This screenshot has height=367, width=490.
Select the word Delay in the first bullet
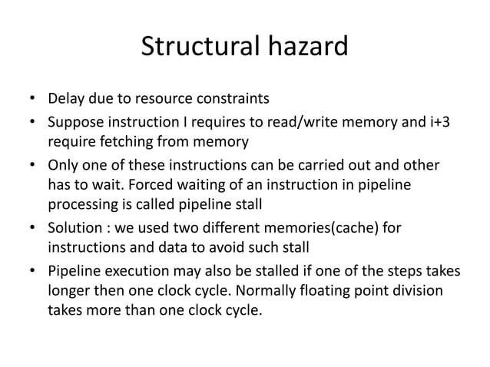pos(66,99)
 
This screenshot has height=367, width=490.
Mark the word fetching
pos(121,141)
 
